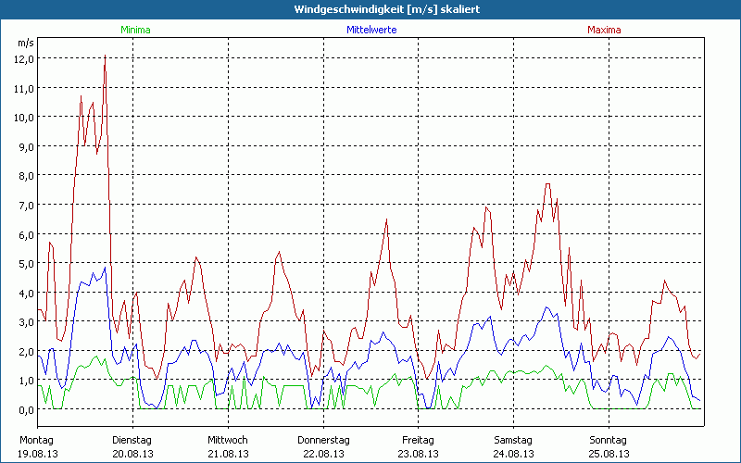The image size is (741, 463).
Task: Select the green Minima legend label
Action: [134, 30]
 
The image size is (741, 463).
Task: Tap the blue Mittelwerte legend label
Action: [371, 30]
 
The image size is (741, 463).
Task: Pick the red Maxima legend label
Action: [604, 30]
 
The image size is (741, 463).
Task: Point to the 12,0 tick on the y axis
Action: [24, 58]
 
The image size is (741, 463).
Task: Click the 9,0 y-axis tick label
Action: [24, 146]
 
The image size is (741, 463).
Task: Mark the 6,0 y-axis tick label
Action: [24, 234]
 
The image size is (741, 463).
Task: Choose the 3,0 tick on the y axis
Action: [24, 321]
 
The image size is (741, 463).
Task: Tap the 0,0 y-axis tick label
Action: [24, 409]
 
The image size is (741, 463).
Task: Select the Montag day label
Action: [36, 440]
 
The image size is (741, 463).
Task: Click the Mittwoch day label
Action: [228, 440]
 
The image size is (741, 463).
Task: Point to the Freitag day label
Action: [418, 440]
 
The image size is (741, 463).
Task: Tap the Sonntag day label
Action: [609, 440]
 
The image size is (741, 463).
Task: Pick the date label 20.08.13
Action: [132, 454]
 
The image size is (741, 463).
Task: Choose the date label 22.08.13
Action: [323, 454]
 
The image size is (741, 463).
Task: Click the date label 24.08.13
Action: [513, 454]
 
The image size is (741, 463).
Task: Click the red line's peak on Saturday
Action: [547, 183]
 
